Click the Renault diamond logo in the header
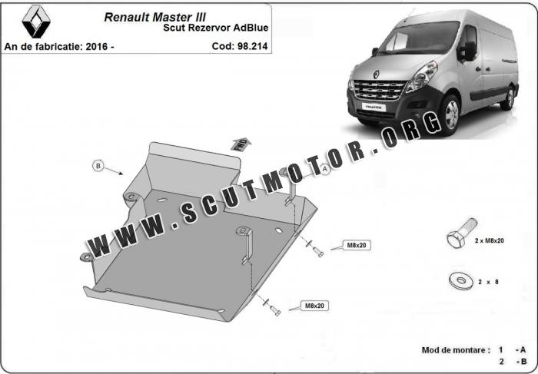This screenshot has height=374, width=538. (36, 22)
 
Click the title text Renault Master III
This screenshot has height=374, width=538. (154, 17)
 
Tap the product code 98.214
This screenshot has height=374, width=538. (254, 46)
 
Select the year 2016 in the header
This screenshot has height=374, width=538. (97, 47)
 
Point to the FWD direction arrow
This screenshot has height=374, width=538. (241, 144)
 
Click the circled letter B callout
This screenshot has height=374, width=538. (98, 166)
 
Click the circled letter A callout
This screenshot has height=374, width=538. (324, 168)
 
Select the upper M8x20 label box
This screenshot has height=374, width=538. (357, 245)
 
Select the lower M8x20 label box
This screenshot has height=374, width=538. (314, 306)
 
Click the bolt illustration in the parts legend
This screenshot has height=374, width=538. (461, 233)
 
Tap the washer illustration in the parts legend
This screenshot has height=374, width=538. (461, 281)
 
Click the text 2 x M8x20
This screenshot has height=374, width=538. (490, 240)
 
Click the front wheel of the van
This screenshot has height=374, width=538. (450, 114)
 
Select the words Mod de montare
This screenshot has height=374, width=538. (453, 350)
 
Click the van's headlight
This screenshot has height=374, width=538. (422, 77)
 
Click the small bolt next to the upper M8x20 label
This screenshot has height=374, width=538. (318, 252)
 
